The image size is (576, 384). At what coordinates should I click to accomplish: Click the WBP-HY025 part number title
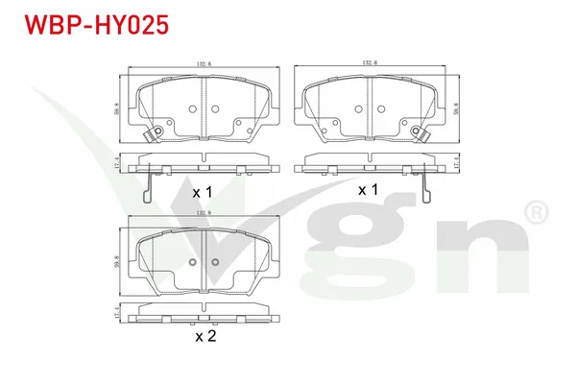point(95,23)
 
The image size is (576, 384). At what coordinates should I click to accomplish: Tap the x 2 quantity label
point(204,337)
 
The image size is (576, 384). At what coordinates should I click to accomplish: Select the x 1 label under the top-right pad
point(369,190)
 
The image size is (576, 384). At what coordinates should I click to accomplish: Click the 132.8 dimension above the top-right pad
point(369,63)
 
